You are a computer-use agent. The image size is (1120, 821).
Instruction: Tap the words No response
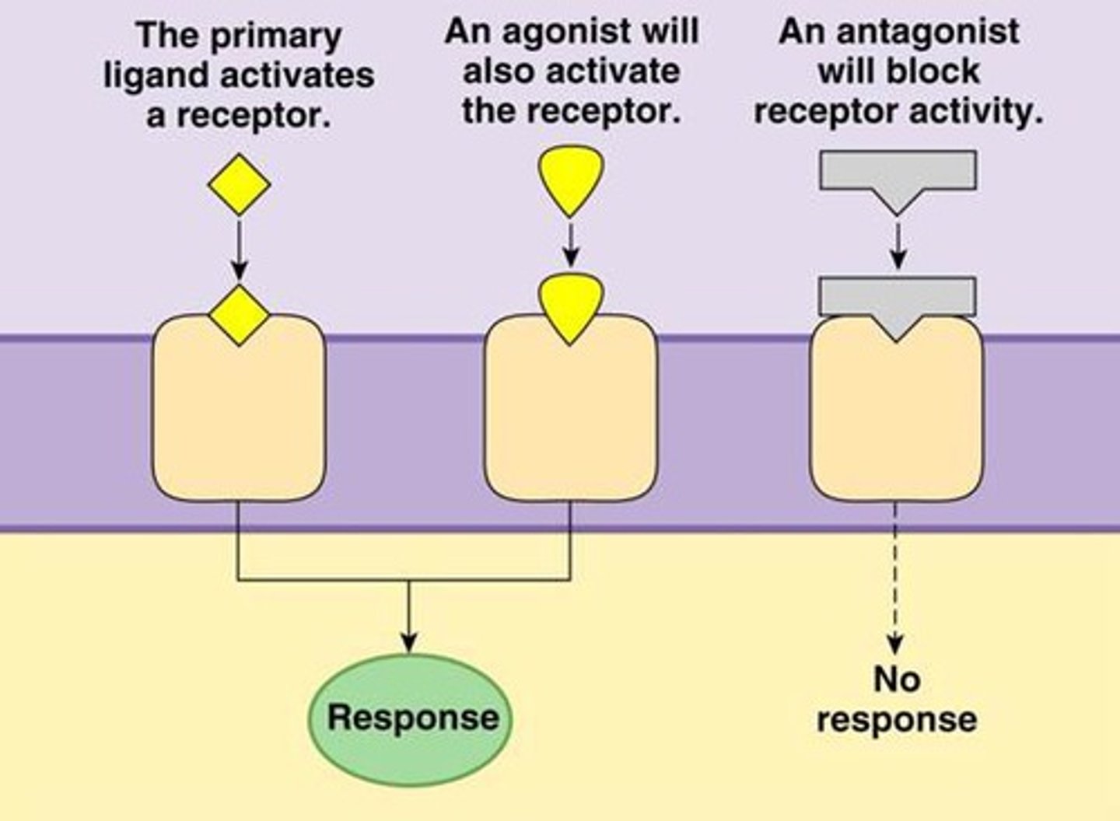pyautogui.click(x=897, y=700)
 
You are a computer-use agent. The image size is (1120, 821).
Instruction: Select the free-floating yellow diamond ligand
pyautogui.click(x=240, y=185)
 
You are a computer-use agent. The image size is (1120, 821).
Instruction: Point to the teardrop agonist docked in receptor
pyautogui.click(x=571, y=306)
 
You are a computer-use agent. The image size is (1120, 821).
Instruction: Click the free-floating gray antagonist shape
pyautogui.click(x=898, y=175)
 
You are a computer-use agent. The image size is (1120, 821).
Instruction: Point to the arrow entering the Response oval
pyautogui.click(x=409, y=618)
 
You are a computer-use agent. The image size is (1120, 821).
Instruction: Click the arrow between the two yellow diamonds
pyautogui.click(x=240, y=249)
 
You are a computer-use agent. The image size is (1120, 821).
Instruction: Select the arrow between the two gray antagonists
pyautogui.click(x=898, y=245)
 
